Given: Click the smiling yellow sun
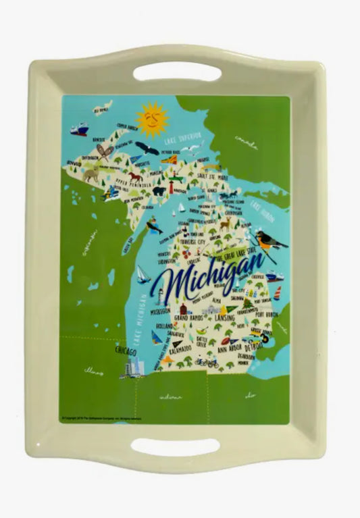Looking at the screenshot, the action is [x=151, y=120].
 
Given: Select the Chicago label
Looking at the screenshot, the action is [x=126, y=352].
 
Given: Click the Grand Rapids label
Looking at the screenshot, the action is [x=189, y=316].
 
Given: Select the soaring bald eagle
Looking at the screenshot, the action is [x=147, y=148].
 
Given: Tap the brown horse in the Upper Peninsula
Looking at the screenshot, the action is [x=136, y=178].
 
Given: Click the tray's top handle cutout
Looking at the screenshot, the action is [x=177, y=71].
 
